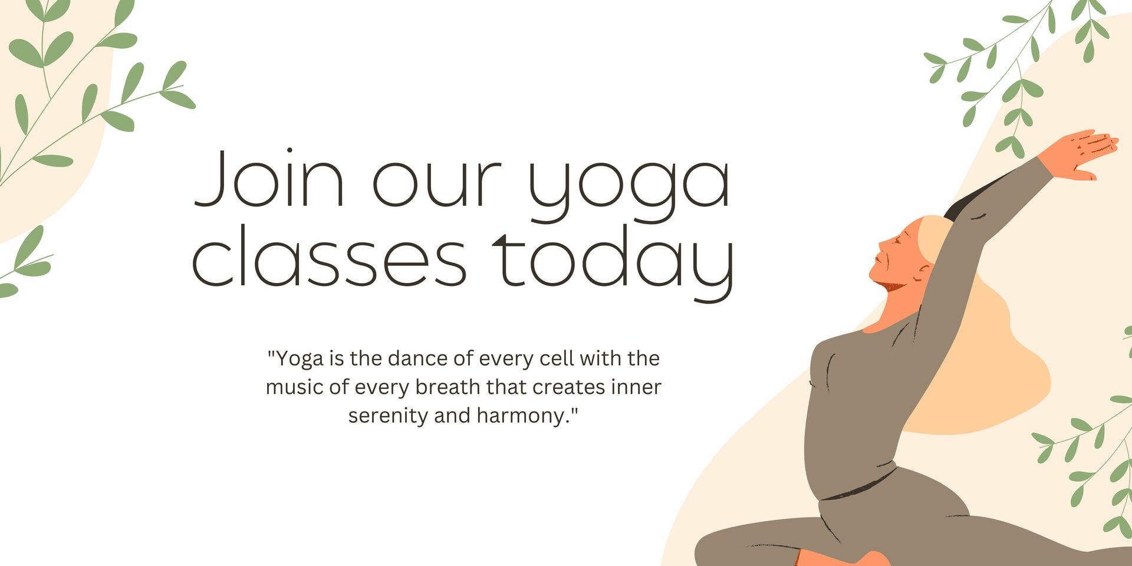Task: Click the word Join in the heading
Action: pos(269,179)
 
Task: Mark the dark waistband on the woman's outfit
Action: pos(861,488)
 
